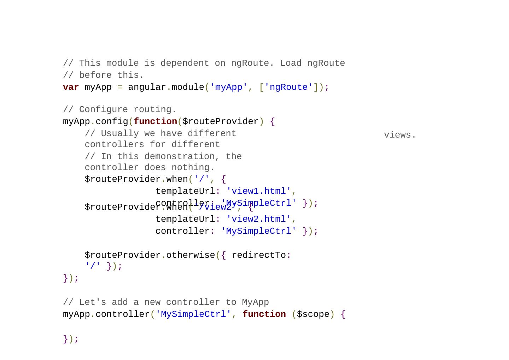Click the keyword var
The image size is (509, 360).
pos(71,87)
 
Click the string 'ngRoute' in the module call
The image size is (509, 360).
pos(288,87)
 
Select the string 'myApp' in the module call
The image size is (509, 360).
pos(228,87)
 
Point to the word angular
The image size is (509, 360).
pos(147,87)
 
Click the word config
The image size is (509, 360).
pos(112,122)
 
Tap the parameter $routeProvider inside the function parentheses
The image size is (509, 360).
pos(220,122)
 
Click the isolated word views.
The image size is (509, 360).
pos(400,135)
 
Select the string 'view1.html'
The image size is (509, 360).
pos(258,191)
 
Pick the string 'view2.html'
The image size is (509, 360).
pos(258,219)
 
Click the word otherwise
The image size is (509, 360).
pos(191,255)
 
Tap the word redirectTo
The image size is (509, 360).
pos(258,255)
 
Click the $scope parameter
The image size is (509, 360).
pos(313,314)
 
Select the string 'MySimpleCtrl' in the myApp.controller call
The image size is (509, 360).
pos(193,314)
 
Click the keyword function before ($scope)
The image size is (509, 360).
pos(264,314)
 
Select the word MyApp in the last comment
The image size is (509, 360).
pos(255,302)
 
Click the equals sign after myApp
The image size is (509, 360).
pos(120,87)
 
